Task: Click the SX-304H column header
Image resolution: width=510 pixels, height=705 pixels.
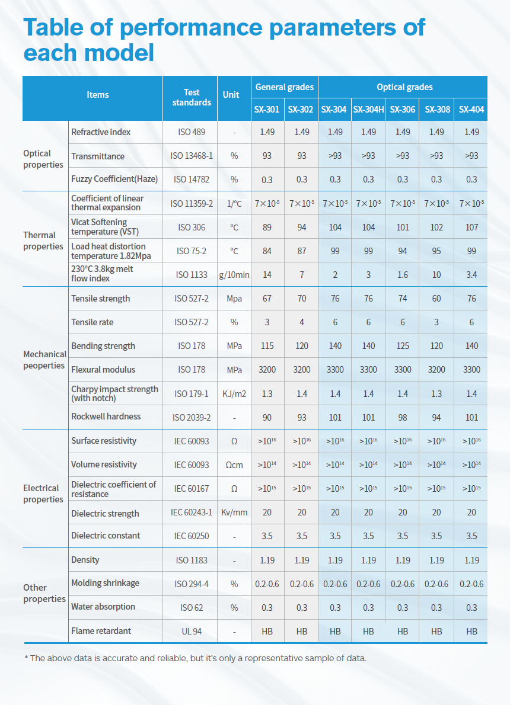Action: [368, 110]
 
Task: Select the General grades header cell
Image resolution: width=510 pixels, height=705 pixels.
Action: [285, 87]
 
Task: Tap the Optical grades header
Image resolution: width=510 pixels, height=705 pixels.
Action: [404, 87]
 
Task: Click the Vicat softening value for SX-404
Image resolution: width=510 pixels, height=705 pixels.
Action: [471, 227]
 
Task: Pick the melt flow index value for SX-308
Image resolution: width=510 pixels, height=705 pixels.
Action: [436, 274]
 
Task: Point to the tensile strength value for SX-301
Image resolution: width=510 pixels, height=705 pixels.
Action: [267, 299]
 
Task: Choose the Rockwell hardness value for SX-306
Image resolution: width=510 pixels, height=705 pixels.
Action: [403, 417]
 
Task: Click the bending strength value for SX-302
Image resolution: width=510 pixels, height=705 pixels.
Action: [302, 346]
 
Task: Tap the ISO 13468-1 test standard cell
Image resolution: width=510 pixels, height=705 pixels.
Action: [192, 156]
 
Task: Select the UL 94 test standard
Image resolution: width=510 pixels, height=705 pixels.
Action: [192, 632]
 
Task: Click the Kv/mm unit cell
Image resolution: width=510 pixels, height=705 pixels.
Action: [234, 512]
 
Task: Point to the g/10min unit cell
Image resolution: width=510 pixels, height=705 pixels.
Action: [234, 274]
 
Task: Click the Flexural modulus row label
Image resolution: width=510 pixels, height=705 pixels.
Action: [103, 370]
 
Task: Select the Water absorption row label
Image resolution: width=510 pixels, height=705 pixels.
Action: [103, 607]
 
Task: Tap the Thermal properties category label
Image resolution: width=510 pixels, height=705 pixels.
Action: [43, 241]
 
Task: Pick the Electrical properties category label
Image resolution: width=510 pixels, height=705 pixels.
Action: [43, 493]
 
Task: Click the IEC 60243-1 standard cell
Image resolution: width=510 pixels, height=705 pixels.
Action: [192, 512]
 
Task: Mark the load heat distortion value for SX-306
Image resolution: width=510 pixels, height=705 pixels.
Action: [403, 251]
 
